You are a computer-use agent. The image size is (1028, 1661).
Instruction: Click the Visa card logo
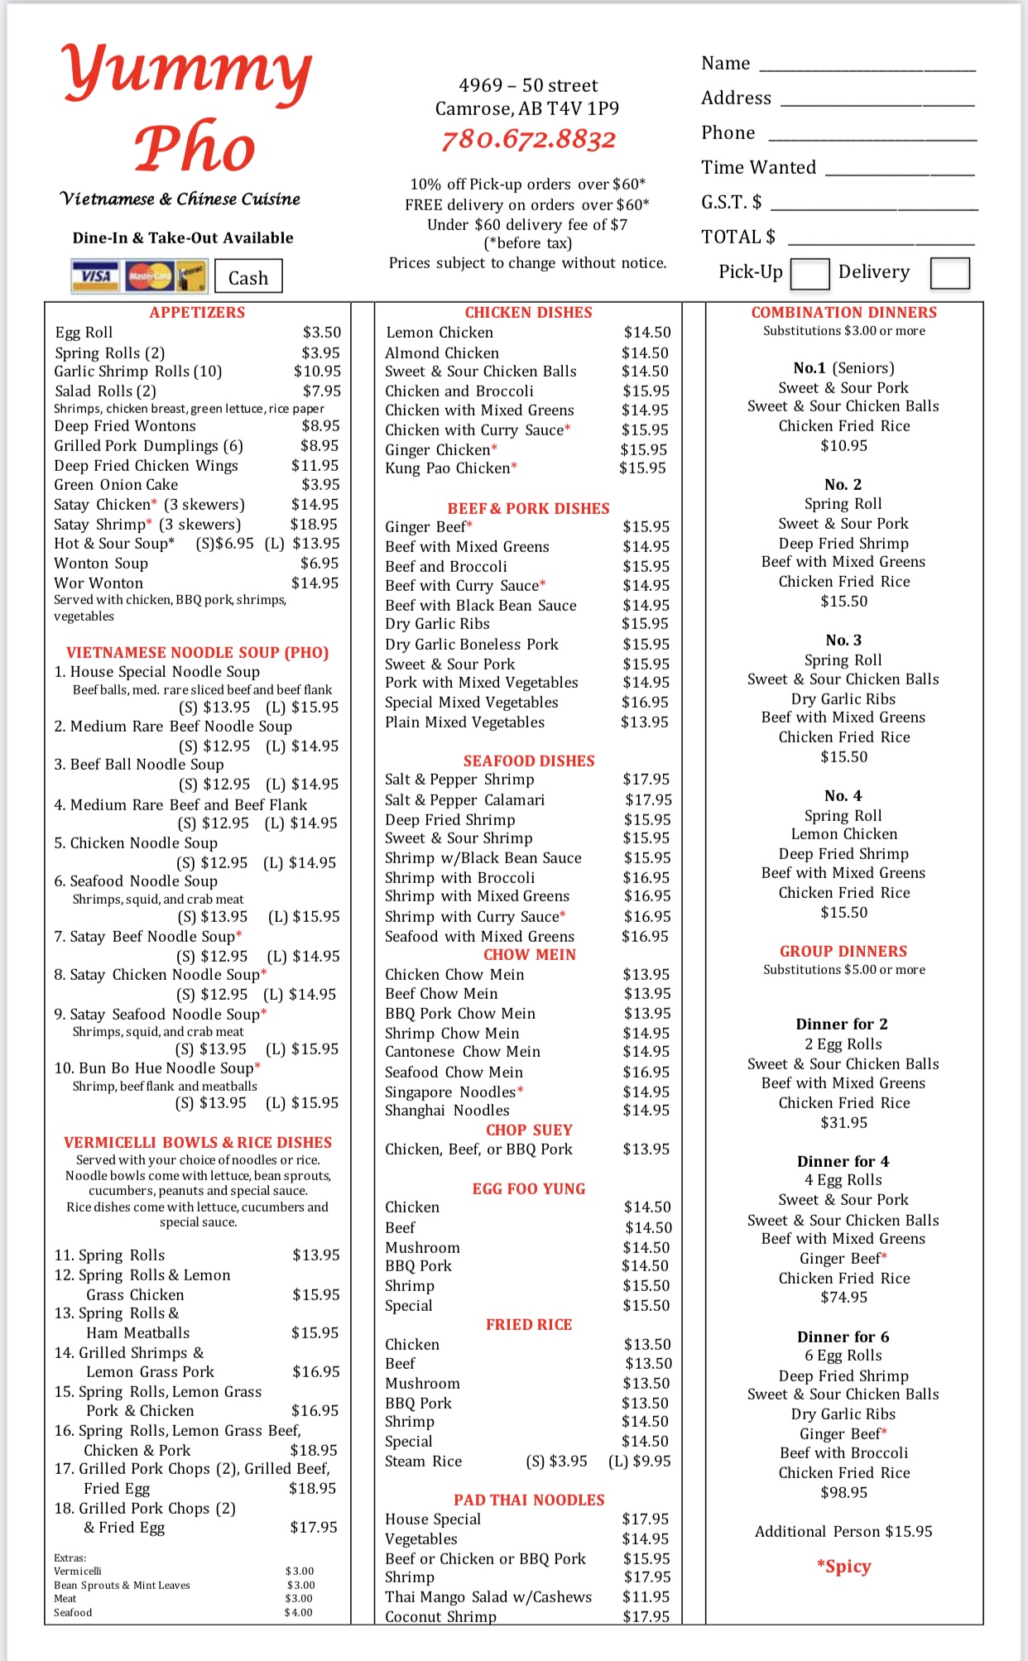pyautogui.click(x=96, y=276)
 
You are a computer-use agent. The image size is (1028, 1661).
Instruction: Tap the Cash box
pyautogui.click(x=248, y=277)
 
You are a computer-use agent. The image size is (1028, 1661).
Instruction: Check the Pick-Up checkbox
pyautogui.click(x=809, y=273)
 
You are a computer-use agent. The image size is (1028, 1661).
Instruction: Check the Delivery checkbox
pyautogui.click(x=949, y=273)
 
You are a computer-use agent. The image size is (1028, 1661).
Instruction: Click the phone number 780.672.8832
pyautogui.click(x=528, y=140)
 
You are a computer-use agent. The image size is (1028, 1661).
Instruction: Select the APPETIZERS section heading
pyautogui.click(x=197, y=312)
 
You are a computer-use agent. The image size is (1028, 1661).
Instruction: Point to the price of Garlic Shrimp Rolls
pyautogui.click(x=317, y=372)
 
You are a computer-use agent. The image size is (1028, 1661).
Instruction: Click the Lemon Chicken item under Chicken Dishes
pyautogui.click(x=440, y=333)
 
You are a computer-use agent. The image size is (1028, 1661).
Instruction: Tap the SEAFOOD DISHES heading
pyautogui.click(x=529, y=761)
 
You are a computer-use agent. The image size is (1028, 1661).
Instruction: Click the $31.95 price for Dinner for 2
pyautogui.click(x=843, y=1122)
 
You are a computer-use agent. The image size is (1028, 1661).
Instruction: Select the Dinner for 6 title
pyautogui.click(x=843, y=1337)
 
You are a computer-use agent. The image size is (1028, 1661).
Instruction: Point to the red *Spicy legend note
pyautogui.click(x=843, y=1566)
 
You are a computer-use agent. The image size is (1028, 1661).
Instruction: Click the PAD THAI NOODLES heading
pyautogui.click(x=529, y=1500)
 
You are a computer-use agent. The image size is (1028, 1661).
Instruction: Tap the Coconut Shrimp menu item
pyautogui.click(x=440, y=1616)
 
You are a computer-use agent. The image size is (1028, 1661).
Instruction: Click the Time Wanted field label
pyautogui.click(x=758, y=168)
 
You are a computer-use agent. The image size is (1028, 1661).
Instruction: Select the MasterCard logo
pyautogui.click(x=149, y=276)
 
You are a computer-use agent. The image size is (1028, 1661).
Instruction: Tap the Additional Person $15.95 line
pyautogui.click(x=843, y=1531)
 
